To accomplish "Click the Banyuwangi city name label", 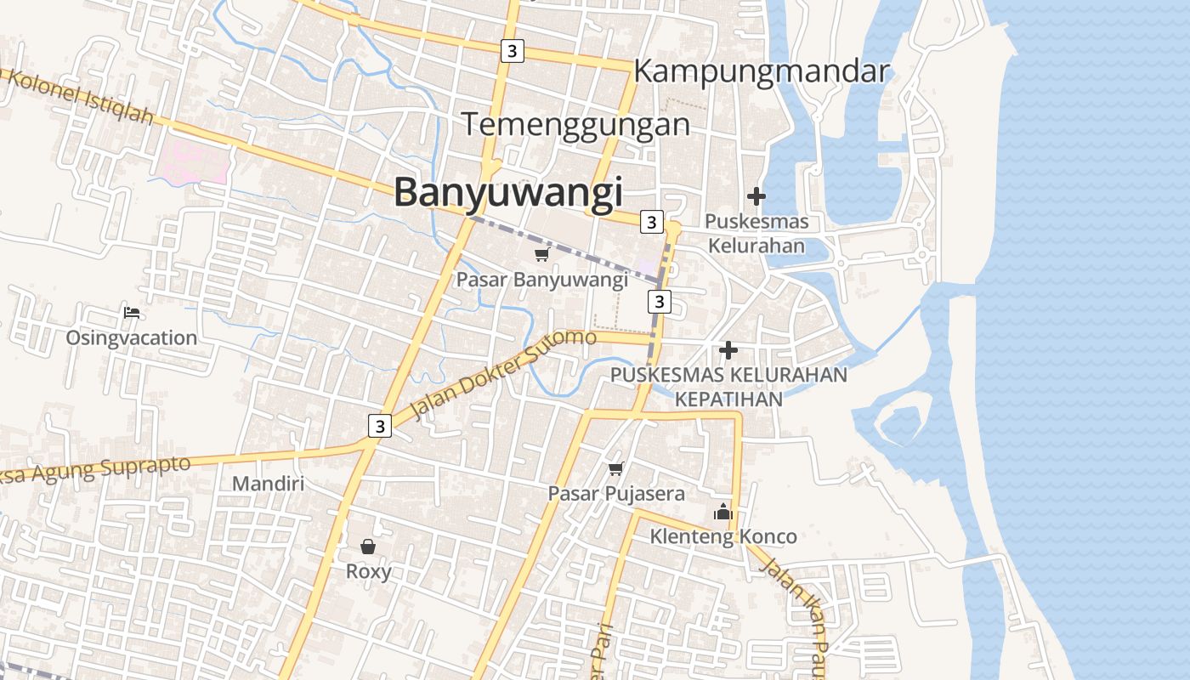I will point(508,193).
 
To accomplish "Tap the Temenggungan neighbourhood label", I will point(576,125).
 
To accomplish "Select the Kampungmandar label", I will point(762,71).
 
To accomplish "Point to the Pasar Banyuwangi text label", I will point(542,279).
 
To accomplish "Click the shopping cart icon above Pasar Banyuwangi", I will point(541,255).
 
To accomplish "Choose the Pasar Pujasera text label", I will point(616,493).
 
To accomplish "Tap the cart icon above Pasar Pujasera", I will point(616,468).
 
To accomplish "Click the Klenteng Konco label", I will point(723,536).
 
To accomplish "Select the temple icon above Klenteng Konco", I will point(723,512).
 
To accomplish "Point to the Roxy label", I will point(369,571).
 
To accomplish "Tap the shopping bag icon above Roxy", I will point(368,546).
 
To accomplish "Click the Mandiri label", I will point(269,484).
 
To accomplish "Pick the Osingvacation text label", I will point(132,337).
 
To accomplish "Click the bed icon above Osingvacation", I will point(132,313).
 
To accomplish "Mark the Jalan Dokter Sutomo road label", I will point(504,373).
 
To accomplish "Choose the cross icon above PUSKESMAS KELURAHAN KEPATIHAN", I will point(728,349).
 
